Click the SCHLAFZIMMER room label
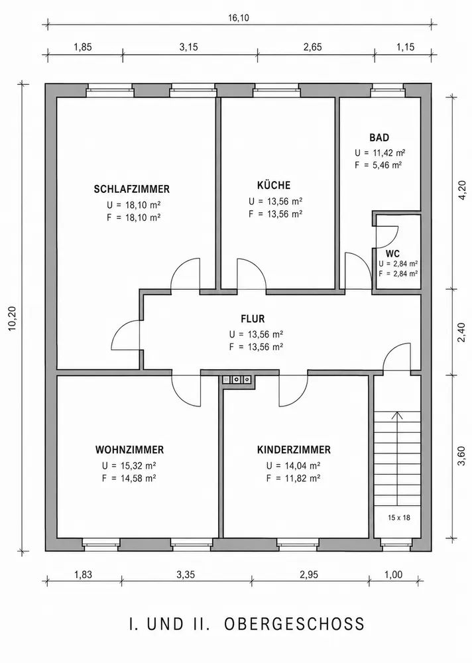point(131,189)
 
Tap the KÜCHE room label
point(274,185)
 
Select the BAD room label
point(379,137)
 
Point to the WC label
point(392,254)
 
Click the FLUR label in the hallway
point(253,319)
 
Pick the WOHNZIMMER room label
point(129,450)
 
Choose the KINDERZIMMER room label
point(294,450)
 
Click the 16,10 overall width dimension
point(239,17)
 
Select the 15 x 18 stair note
point(399,517)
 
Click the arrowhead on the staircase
point(396,415)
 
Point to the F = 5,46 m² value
point(378,165)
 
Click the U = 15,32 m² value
point(129,466)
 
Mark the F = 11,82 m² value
point(293,478)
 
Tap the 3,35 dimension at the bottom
point(186,575)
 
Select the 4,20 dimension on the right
point(461,192)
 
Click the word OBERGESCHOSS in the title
point(294,624)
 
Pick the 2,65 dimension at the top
point(312,47)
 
